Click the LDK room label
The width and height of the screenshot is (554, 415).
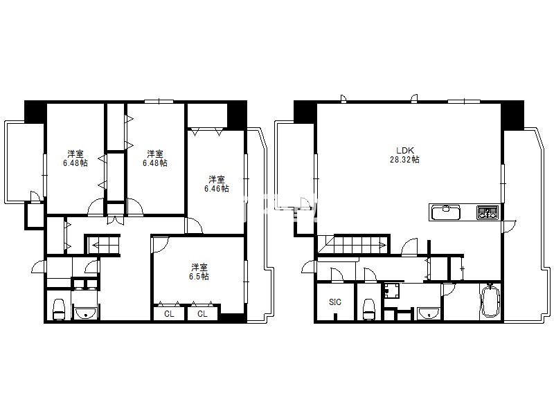point(404,150)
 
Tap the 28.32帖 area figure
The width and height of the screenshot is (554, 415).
point(404,160)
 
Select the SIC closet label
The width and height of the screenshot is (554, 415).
point(335,302)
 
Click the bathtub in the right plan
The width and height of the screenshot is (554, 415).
point(490,301)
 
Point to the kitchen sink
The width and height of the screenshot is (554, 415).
point(445,212)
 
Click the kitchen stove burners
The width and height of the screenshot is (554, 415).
point(488,212)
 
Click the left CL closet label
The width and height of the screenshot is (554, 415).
point(169,314)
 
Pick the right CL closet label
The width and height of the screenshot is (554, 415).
point(202,314)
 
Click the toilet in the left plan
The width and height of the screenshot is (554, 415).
point(59,309)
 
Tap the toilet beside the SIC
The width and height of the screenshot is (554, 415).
point(369,309)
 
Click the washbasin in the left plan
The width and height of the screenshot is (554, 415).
point(85,313)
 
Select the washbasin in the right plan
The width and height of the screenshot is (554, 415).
point(428,313)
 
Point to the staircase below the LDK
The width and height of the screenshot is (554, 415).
point(353,245)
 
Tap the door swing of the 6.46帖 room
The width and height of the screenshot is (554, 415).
point(195,225)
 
